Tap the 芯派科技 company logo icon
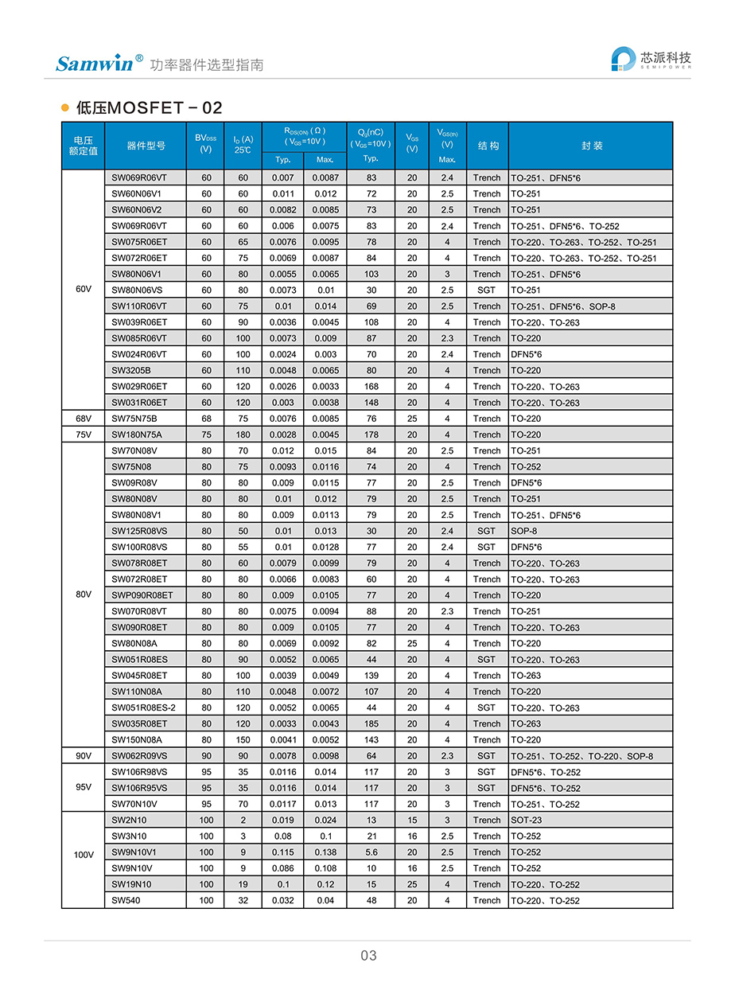(623, 60)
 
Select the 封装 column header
(591, 146)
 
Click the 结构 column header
(488, 146)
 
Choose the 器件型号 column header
(146, 146)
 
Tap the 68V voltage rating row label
(83, 419)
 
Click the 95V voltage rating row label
(83, 788)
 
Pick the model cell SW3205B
(131, 370)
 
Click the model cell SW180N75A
(136, 435)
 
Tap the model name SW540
(126, 901)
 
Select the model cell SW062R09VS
(140, 756)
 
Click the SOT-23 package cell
(527, 820)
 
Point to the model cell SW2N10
(130, 820)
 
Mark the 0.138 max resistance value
(325, 852)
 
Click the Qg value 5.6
(371, 852)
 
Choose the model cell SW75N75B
(134, 419)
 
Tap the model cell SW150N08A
(137, 739)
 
